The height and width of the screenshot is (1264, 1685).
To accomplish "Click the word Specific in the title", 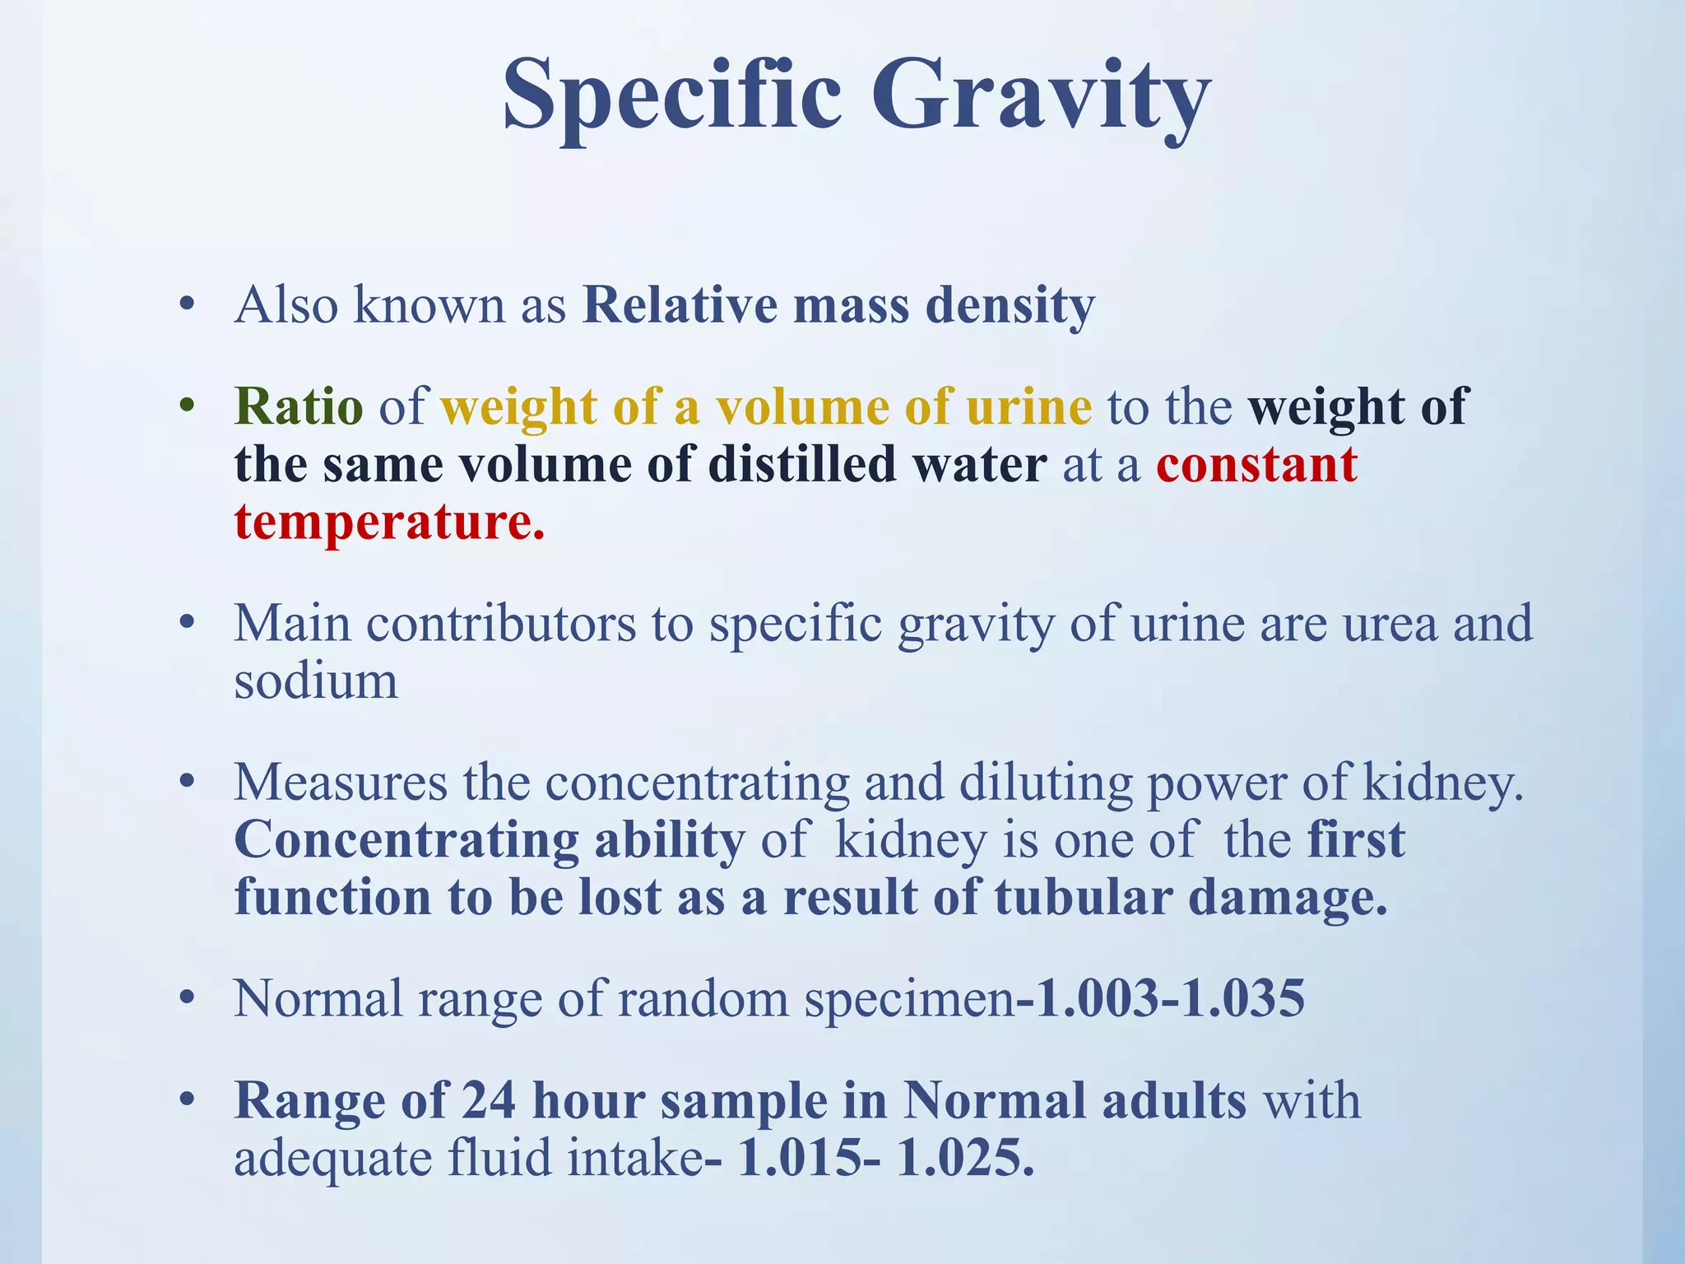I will (672, 97).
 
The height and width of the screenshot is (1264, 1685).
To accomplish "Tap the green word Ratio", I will (299, 407).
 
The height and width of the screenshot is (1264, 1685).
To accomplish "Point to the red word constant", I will (1256, 464).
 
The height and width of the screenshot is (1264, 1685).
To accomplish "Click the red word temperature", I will (388, 522).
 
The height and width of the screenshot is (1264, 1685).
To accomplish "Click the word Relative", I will (680, 305).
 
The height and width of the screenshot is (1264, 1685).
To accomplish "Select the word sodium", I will (316, 681).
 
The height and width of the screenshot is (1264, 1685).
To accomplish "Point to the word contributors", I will (501, 623).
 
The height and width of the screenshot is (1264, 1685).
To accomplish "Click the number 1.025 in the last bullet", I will (964, 1158).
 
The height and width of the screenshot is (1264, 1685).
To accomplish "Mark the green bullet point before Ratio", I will (188, 407).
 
